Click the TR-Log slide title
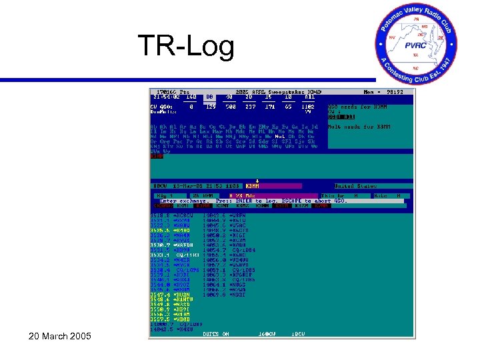[186, 47]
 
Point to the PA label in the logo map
[417, 21]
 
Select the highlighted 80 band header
[209, 97]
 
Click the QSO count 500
[231, 105]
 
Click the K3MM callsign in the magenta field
[253, 185]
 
